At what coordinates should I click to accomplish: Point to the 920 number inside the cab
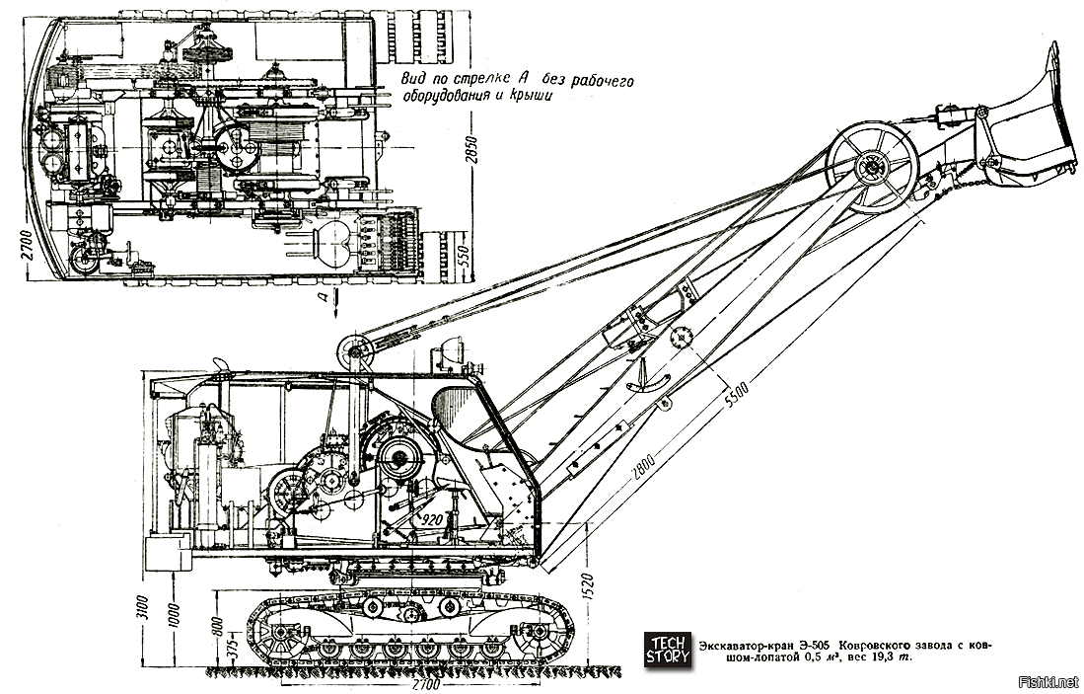pos(431,516)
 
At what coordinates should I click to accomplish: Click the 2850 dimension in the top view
pos(472,152)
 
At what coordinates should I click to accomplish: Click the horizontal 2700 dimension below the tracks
pos(426,684)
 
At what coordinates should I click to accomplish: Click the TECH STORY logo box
pos(667,650)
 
